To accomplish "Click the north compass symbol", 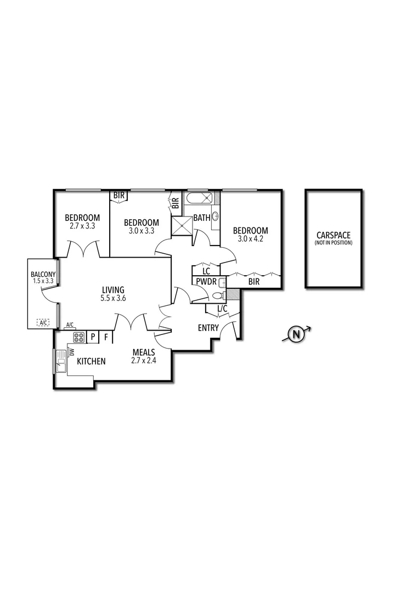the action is (x=297, y=334).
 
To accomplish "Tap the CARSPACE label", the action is (x=333, y=235).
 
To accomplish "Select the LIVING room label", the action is (x=114, y=290).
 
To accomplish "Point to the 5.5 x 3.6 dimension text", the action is (x=114, y=298).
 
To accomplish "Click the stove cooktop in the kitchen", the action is (x=78, y=337).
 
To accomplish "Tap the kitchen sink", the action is (x=60, y=361).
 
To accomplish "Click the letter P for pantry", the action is (x=93, y=337).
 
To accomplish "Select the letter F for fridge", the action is (x=106, y=337).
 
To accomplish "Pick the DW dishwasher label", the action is (x=72, y=352).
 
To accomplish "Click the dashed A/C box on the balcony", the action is (x=43, y=322).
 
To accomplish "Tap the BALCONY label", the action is (x=43, y=274).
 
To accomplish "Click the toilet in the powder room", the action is (x=218, y=295).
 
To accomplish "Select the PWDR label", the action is (x=206, y=282).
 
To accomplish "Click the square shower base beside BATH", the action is (x=182, y=226).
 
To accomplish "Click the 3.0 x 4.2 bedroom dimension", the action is (x=251, y=238).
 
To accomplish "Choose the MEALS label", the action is (x=144, y=352).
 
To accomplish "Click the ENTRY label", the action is (x=208, y=328).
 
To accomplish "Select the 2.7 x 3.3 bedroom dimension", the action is (x=82, y=226).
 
